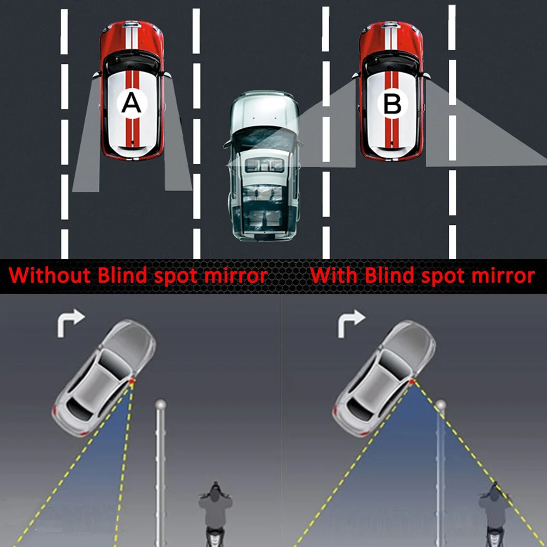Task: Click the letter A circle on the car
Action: click(x=131, y=102)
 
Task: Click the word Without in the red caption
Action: click(x=50, y=275)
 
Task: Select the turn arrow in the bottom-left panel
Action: click(x=71, y=322)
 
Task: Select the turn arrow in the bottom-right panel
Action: click(x=350, y=322)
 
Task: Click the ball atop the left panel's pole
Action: click(x=160, y=405)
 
